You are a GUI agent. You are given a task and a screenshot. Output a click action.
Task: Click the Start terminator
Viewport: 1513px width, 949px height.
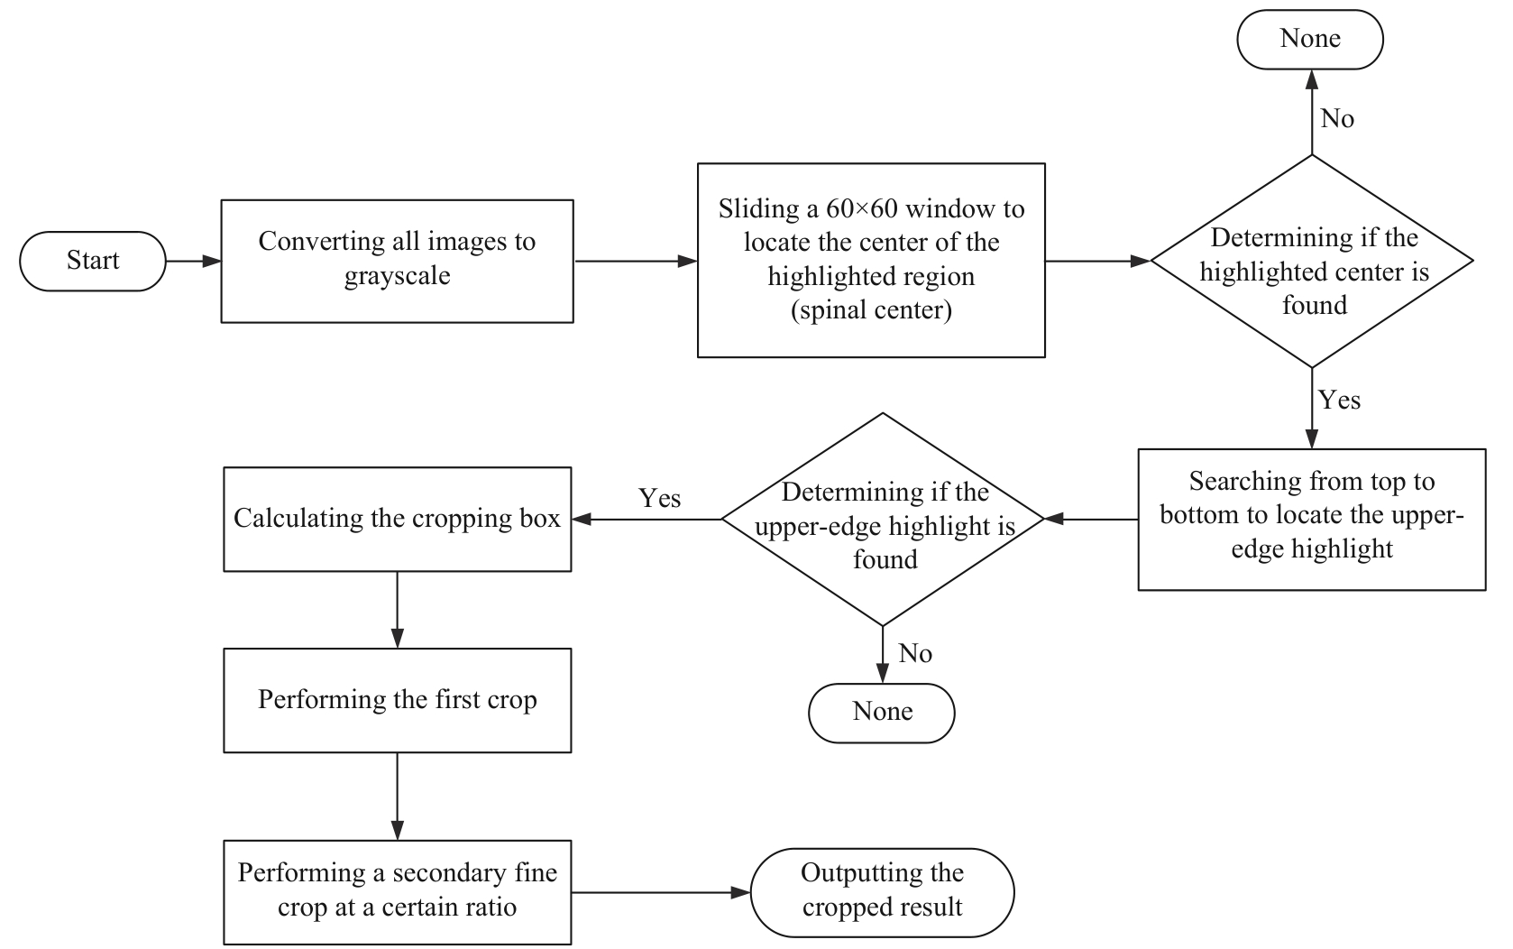[x=93, y=261]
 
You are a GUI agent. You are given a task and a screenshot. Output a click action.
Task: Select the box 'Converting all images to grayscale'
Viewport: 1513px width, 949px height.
[x=397, y=261]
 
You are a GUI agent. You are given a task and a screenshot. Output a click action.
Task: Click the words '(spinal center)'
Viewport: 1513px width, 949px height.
[x=871, y=310]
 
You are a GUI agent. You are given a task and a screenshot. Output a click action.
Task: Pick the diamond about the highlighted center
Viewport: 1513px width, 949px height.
[x=1312, y=262]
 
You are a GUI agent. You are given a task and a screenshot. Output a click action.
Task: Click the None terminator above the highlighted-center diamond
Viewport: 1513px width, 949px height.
[x=1309, y=39]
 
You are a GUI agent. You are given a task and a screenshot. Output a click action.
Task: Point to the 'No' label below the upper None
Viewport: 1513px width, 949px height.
[x=1337, y=119]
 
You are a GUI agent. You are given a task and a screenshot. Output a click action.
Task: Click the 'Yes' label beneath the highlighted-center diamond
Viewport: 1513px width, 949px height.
[x=1339, y=400]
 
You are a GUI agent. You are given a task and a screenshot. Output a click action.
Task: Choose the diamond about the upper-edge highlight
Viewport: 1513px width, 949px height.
[x=884, y=520]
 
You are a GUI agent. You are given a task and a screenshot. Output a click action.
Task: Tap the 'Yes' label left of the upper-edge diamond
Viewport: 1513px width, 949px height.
[x=659, y=498]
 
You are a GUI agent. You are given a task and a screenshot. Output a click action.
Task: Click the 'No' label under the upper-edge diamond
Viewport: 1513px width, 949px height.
[x=915, y=653]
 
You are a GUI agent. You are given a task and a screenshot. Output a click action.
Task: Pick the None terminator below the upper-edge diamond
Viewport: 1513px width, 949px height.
[x=882, y=712]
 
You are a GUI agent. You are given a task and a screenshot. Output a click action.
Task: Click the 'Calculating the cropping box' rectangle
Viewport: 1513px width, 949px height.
[x=397, y=519]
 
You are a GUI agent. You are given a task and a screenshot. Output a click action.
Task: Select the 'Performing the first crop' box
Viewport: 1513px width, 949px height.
[x=397, y=700]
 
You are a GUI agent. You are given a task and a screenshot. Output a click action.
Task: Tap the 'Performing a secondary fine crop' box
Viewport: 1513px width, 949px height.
[x=397, y=891]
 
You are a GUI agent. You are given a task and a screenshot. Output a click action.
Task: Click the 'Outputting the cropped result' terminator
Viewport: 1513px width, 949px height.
[x=882, y=891]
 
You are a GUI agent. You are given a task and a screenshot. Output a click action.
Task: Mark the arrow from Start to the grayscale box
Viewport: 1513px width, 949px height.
[x=194, y=262]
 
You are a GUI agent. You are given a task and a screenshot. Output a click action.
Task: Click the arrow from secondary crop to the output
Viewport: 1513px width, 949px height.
[x=661, y=893]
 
